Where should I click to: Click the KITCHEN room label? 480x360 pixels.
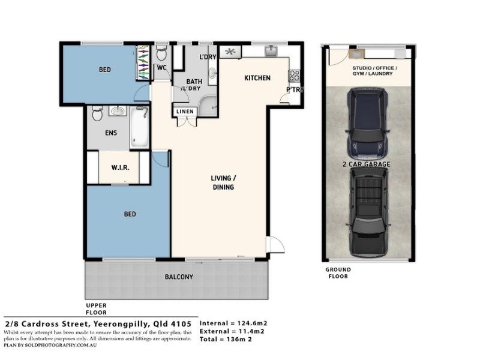coord(257,78)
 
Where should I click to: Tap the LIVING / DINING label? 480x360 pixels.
coord(223,182)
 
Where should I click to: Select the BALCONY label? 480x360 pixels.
coord(179,277)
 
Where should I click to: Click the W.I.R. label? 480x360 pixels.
coord(120,167)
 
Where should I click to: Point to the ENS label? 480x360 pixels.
coord(111,133)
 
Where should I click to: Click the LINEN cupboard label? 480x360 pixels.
coord(185,112)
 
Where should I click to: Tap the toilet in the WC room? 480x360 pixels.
coord(161,53)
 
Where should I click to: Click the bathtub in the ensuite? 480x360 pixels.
coord(140,127)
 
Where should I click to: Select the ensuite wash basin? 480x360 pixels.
coord(117,110)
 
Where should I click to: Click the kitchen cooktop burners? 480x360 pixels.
coord(294,76)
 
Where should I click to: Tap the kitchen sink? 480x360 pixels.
coord(271,51)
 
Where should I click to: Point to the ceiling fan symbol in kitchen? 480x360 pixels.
coord(230,52)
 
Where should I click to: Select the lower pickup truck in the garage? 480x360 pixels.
coord(368,212)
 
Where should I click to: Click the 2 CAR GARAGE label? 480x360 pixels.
coord(366,164)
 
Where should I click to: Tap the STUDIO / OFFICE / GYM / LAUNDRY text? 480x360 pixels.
coord(374,71)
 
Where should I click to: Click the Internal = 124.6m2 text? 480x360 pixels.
coord(233,323)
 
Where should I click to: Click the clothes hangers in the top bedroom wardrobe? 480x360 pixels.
coord(143,62)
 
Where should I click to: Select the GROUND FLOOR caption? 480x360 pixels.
coord(338,273)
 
